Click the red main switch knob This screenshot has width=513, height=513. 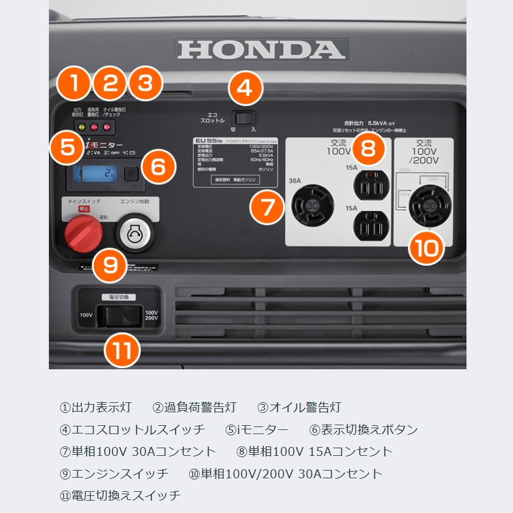coord(82,233)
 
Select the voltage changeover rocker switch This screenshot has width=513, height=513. coord(120,315)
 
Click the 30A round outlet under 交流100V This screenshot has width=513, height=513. coord(312,204)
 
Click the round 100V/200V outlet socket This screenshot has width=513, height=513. coord(430,204)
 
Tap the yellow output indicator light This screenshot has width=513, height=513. coord(82,127)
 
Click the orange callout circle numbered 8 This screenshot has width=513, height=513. coord(368,148)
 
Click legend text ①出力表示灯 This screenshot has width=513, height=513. coord(95,408)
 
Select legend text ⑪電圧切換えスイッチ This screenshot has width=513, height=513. coord(120,495)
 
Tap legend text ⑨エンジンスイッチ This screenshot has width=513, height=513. coord(114,474)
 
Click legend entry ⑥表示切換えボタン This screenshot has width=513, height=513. coord(363,429)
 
